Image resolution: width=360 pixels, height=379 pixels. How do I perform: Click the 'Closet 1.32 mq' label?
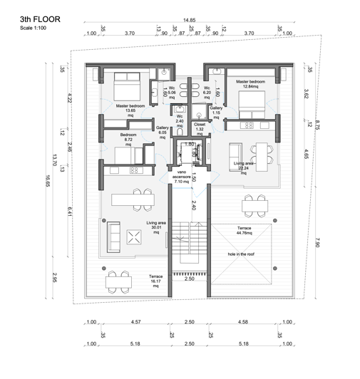pyautogui.click(x=200, y=126)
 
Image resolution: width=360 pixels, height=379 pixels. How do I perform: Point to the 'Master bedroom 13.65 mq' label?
pyautogui.click(x=130, y=110)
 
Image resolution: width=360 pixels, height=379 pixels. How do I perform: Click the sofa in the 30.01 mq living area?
pyautogui.click(x=113, y=235)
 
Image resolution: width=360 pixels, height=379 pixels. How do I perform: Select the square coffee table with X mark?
pyautogui.click(x=133, y=238)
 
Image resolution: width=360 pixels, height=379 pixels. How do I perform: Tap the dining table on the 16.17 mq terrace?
pyautogui.click(x=118, y=281)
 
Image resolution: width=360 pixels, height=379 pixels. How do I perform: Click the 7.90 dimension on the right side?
pyautogui.click(x=315, y=244)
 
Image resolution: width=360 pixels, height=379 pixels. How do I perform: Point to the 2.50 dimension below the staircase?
pyautogui.click(x=189, y=279)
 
